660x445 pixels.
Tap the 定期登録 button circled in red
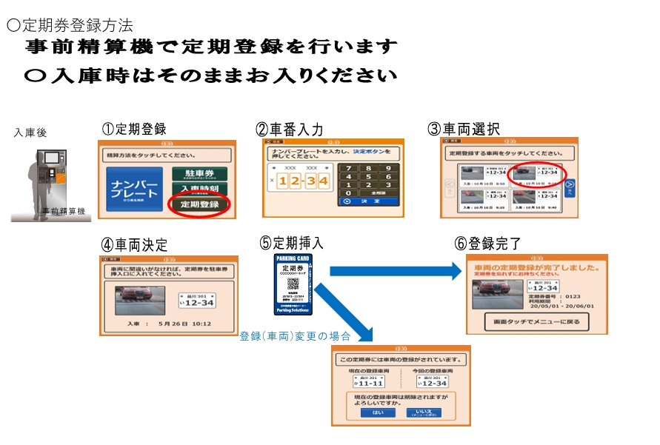click(x=199, y=204)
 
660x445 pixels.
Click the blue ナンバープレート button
click(x=134, y=189)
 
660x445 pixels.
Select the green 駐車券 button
click(x=198, y=174)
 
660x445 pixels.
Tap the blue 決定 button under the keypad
click(x=368, y=201)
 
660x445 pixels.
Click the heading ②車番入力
click(x=290, y=129)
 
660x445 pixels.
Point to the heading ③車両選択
click(x=464, y=129)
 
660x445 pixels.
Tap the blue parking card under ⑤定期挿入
click(x=294, y=284)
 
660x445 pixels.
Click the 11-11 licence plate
click(x=368, y=383)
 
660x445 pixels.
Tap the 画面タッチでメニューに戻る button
click(x=537, y=322)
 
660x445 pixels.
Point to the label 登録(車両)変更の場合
click(x=294, y=335)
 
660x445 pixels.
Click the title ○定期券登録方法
click(x=70, y=25)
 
